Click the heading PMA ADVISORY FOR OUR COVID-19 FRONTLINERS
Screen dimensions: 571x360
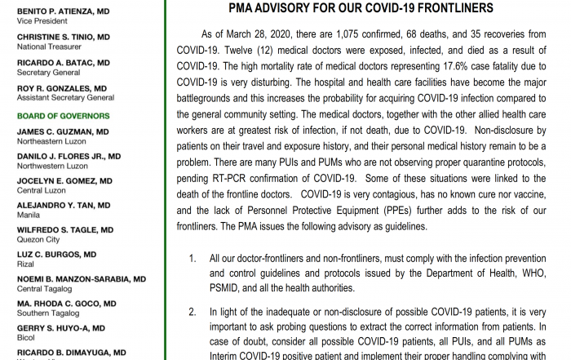(x=361, y=9)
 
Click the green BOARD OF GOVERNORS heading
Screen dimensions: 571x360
(x=63, y=116)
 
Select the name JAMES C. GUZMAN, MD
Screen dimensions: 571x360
(x=63, y=132)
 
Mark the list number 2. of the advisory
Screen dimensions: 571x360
(x=193, y=311)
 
